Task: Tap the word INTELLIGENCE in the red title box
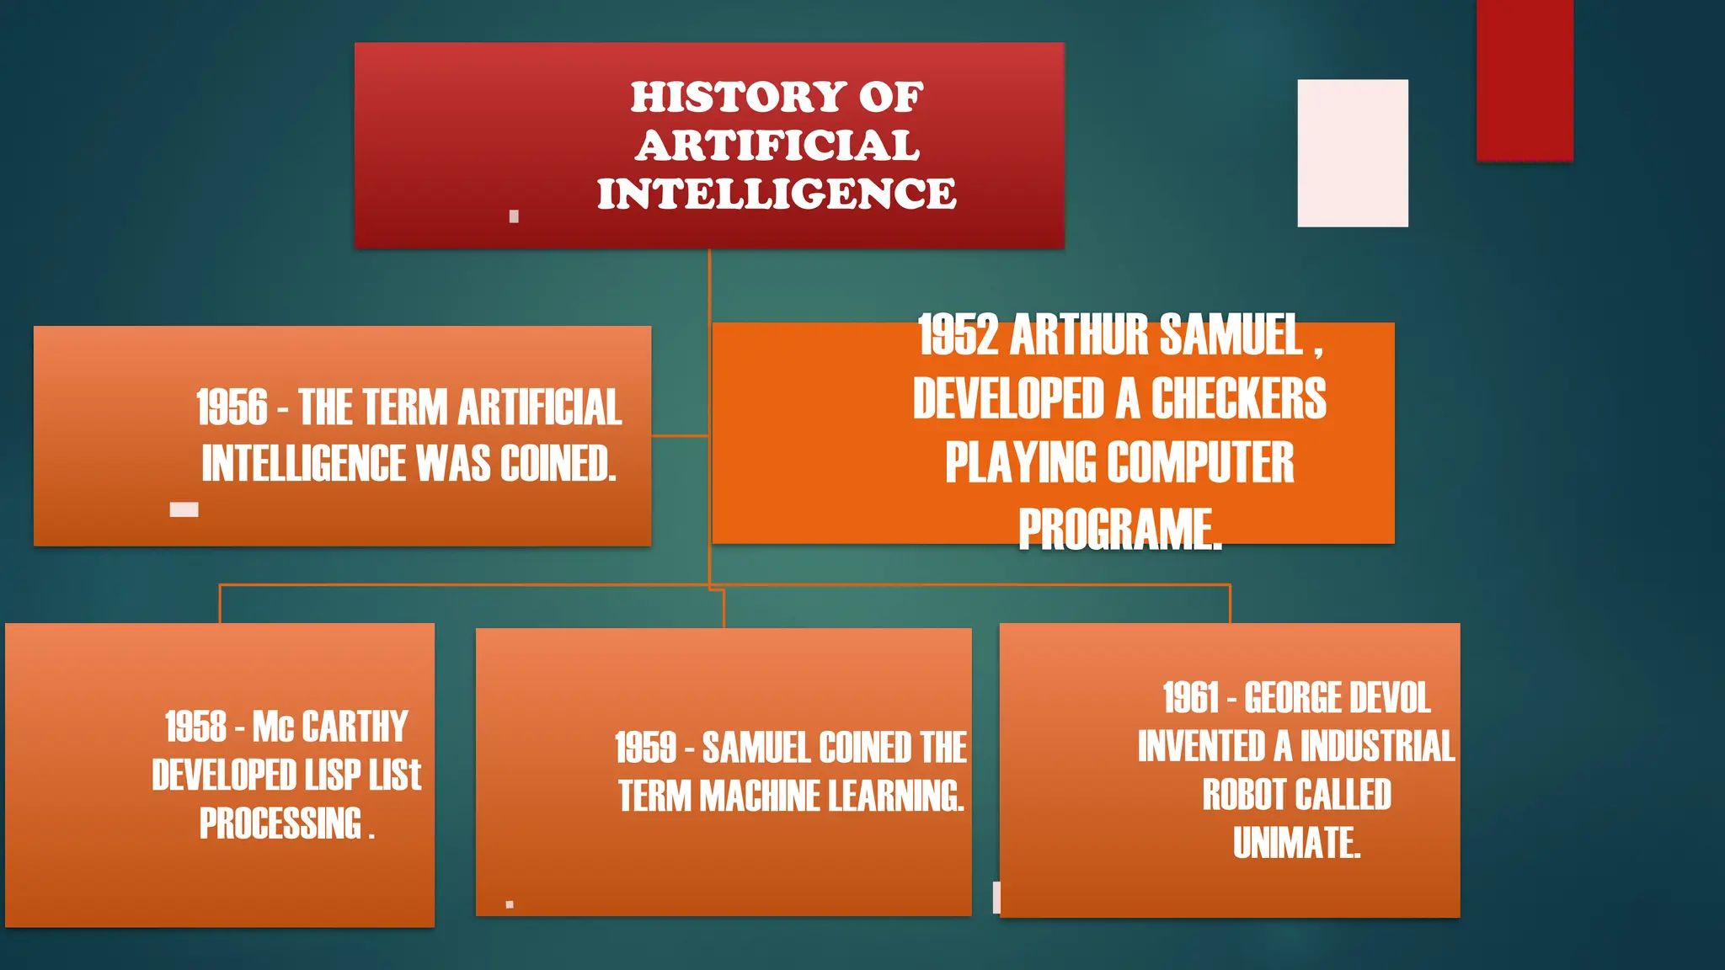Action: [776, 194]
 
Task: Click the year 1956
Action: [232, 408]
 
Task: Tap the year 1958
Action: [195, 727]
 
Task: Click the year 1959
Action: [645, 748]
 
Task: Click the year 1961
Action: [1191, 698]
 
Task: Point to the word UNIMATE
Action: [1295, 843]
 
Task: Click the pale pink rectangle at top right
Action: [1352, 153]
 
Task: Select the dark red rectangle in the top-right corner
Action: [1525, 80]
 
